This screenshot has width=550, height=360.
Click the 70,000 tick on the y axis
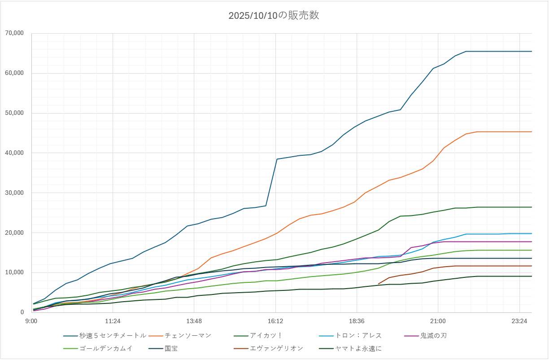coord(15,33)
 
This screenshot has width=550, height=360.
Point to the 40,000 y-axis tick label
coord(15,153)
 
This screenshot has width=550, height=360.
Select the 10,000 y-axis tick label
coord(15,272)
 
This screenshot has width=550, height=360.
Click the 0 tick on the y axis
coord(22,312)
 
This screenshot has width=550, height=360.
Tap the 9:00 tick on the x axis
coord(31,321)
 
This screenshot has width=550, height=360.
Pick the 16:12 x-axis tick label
coord(275,321)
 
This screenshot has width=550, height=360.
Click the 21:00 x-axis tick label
coord(438,321)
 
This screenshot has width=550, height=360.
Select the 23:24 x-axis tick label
coord(519,321)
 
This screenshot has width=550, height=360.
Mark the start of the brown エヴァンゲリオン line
coord(379,284)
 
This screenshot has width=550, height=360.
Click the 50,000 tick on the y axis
coord(15,113)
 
